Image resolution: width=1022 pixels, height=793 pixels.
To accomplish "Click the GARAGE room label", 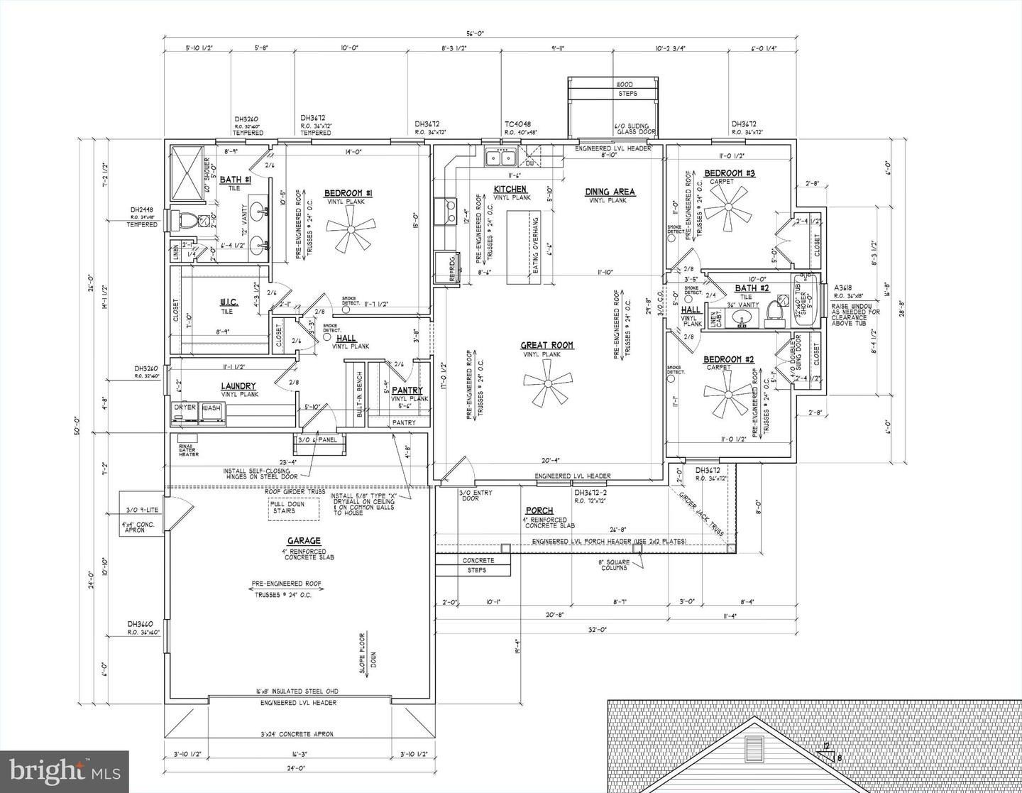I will (x=304, y=540).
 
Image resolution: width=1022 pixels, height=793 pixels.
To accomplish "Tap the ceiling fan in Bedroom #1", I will (x=350, y=234).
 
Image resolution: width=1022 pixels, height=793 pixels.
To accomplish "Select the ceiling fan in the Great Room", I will (x=546, y=383).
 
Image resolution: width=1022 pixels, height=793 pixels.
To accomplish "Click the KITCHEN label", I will (x=510, y=189).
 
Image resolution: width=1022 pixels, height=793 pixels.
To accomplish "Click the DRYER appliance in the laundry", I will (x=185, y=411).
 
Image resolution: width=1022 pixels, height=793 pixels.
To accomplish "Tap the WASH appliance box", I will (x=212, y=411).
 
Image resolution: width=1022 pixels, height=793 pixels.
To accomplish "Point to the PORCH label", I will (x=539, y=510).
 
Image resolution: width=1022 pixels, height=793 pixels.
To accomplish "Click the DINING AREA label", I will (x=610, y=192).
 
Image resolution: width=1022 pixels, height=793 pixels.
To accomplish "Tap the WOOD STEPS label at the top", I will (x=625, y=89).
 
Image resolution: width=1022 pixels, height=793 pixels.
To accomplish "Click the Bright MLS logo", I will (x=64, y=770).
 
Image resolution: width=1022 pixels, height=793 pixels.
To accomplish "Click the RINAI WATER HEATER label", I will (x=189, y=450).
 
